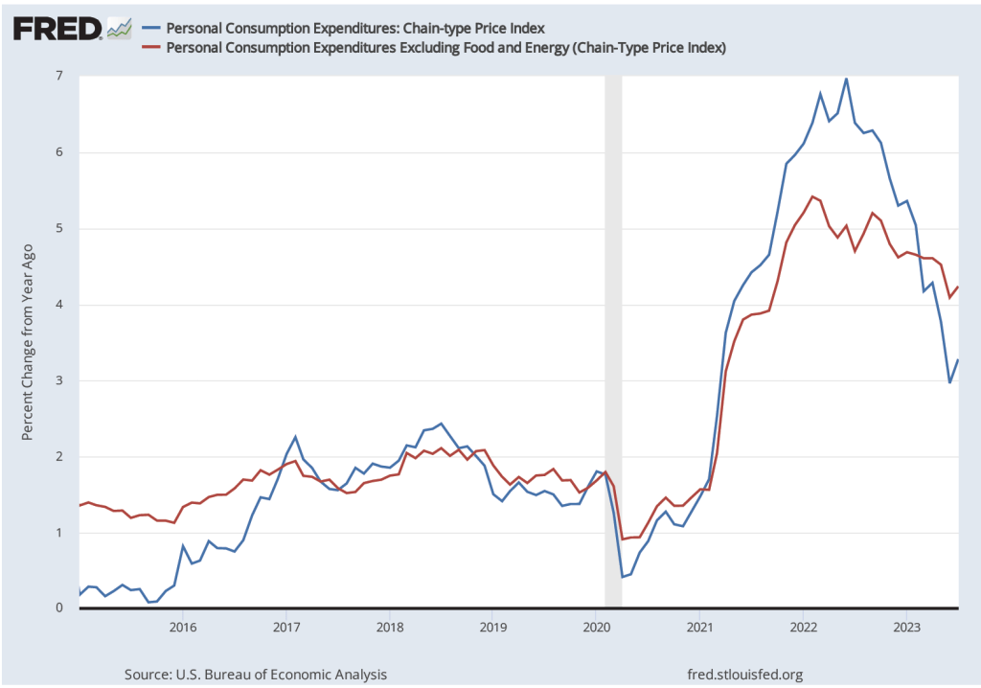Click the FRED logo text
57,29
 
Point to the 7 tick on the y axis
58,77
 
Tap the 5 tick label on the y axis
58,229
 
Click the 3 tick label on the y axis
58,381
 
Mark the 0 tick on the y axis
58,608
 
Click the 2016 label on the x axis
182,628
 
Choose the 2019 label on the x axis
492,628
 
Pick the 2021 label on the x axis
699,628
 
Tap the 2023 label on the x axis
906,628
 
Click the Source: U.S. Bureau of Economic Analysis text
256,675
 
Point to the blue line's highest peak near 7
846,79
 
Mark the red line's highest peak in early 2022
812,196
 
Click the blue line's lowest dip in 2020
622,577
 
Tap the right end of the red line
958,287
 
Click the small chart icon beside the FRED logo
119,29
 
